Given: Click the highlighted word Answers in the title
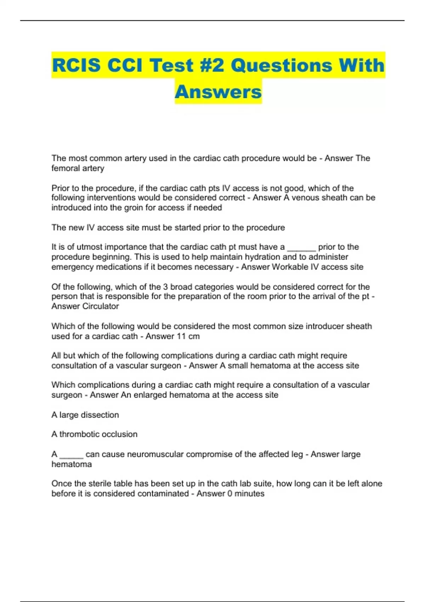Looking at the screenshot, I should [x=218, y=92].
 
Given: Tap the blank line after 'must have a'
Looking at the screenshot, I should [x=301, y=247].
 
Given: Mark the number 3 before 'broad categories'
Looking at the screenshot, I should [x=165, y=287].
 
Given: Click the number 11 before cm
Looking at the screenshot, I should [x=181, y=336].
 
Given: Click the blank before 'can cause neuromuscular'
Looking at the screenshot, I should [x=71, y=454].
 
